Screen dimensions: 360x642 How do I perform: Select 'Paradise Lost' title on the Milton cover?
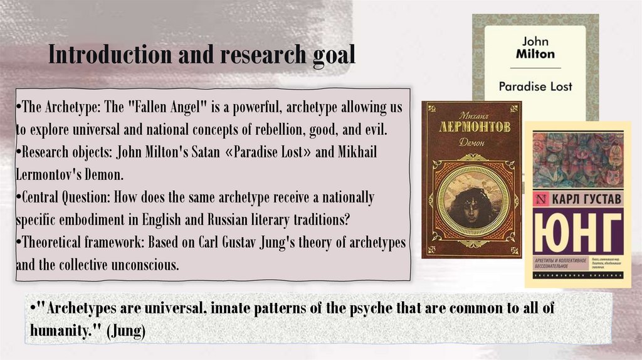click(x=535, y=86)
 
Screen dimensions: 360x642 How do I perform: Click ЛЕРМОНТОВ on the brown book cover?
click(x=471, y=127)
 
